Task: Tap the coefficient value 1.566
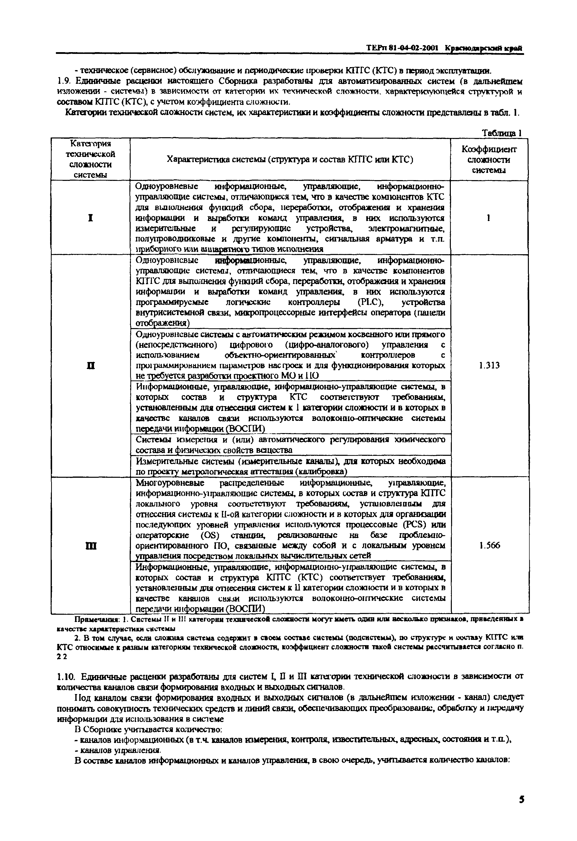490,545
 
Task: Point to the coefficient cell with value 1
488,218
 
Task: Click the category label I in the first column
91,218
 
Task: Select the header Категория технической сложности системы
91,159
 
